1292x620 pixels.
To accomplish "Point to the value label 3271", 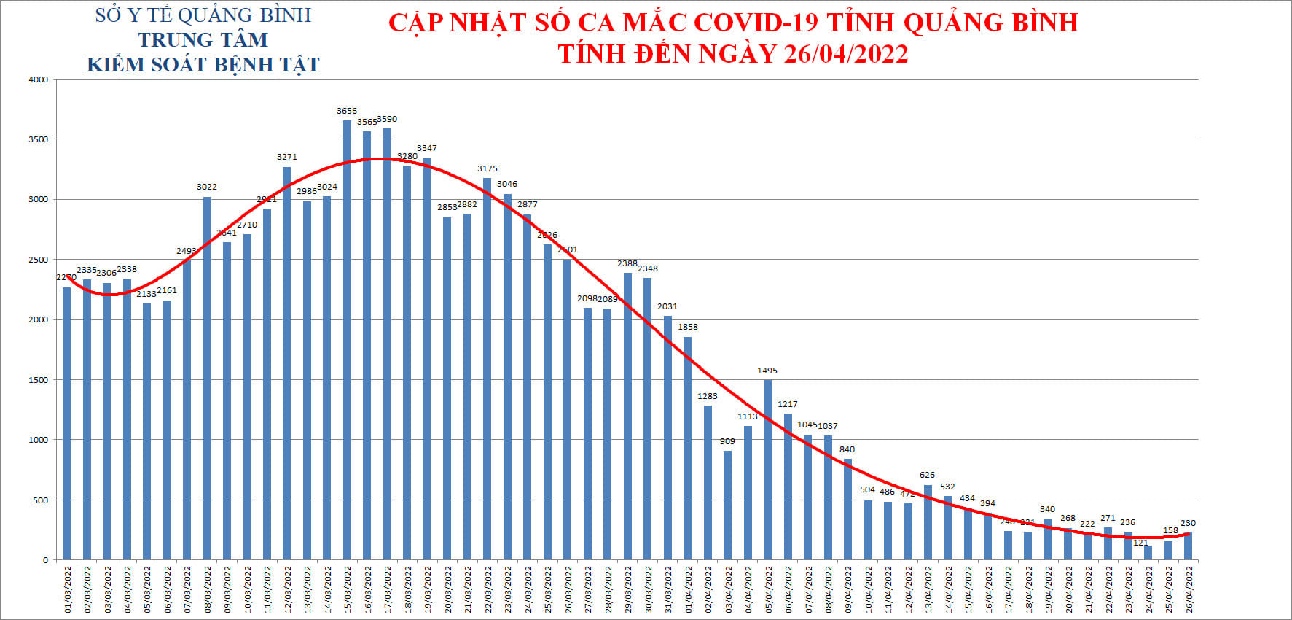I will [287, 157].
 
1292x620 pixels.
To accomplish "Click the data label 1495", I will [767, 371].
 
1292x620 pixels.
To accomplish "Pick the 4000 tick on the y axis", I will [38, 80].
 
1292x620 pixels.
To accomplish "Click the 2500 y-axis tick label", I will [38, 260].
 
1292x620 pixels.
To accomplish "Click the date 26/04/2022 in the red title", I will [846, 54].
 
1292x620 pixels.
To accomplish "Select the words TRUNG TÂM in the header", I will [203, 39].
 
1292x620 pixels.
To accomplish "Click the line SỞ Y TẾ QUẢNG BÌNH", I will [203, 15].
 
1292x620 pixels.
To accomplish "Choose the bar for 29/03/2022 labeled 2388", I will [627, 416].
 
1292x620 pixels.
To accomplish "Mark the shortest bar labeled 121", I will [1148, 553].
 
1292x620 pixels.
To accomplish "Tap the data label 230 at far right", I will [1188, 523].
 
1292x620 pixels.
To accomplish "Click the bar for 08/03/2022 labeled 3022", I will [207, 379].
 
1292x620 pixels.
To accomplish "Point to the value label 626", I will [927, 475].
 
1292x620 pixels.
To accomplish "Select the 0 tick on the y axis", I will [45, 560].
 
